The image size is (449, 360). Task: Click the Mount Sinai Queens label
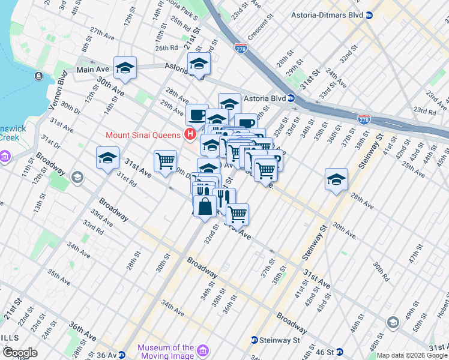[x=144, y=134]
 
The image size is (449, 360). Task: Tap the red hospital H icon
[x=190, y=134]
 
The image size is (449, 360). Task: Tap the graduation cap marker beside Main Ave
[x=125, y=69]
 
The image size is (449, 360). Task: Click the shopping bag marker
[x=205, y=206]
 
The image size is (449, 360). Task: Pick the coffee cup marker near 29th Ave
[x=197, y=115]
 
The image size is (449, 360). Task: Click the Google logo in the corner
[x=20, y=353]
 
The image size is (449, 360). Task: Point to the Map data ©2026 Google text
[x=411, y=355]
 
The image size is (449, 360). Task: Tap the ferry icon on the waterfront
[x=38, y=76]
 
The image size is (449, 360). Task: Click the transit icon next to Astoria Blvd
[x=291, y=98]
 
